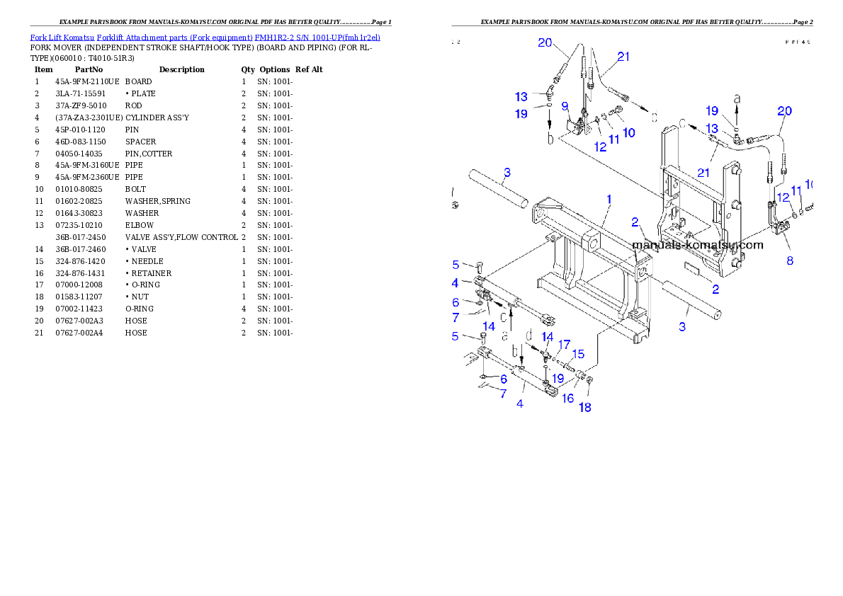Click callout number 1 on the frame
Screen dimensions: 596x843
pyautogui.click(x=609, y=200)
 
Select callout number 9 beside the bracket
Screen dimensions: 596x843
pyautogui.click(x=565, y=106)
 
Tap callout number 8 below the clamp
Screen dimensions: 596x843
pyautogui.click(x=789, y=260)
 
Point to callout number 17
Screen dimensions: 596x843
pyautogui.click(x=564, y=344)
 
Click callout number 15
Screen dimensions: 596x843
pyautogui.click(x=578, y=354)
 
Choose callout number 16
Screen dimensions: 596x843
pyautogui.click(x=567, y=399)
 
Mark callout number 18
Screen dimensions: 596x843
pyautogui.click(x=585, y=407)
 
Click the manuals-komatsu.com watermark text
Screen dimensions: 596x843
pyautogui.click(x=698, y=245)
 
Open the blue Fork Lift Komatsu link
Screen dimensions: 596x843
pyautogui.click(x=205, y=37)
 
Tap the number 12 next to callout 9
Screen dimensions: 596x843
pyautogui.click(x=600, y=147)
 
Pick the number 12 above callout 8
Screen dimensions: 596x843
pyautogui.click(x=783, y=197)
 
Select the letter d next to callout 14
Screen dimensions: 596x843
pyautogui.click(x=528, y=335)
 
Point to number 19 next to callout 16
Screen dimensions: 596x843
pyautogui.click(x=558, y=379)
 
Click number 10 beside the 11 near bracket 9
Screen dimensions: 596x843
pyautogui.click(x=628, y=132)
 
